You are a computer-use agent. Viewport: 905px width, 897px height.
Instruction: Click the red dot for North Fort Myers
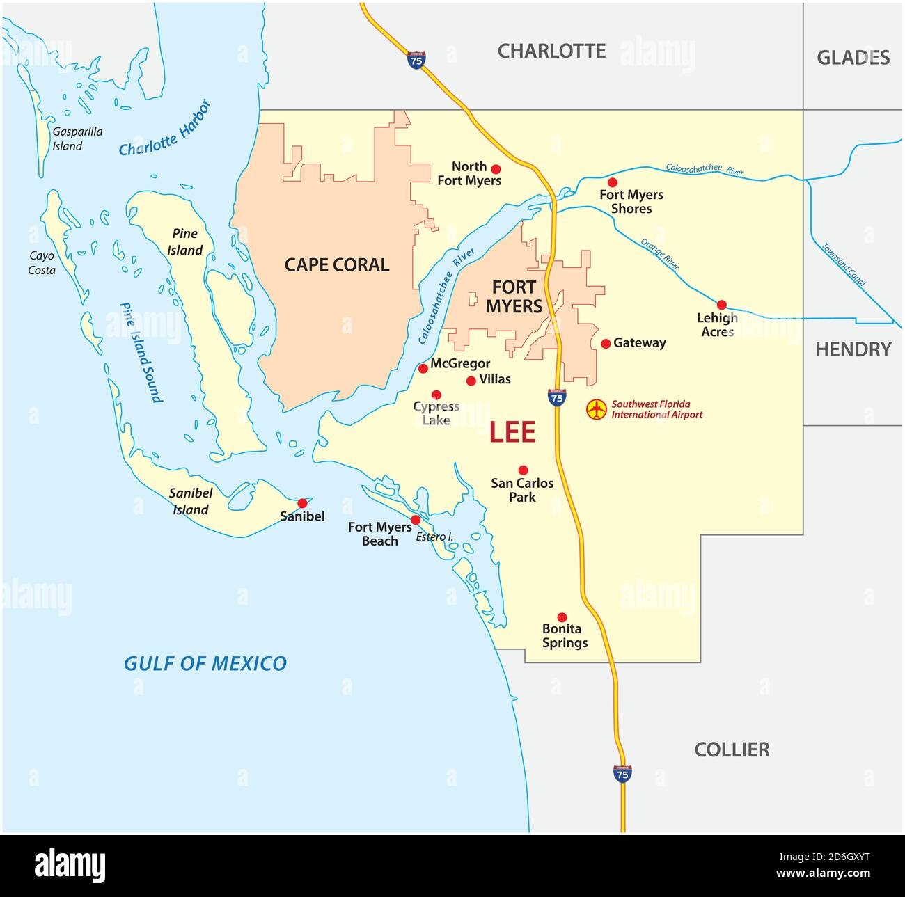click(496, 168)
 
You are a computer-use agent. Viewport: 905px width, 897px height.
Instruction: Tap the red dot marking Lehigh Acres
click(721, 305)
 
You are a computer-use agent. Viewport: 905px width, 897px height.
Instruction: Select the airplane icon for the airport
click(596, 409)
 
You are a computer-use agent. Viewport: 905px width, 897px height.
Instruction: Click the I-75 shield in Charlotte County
click(416, 61)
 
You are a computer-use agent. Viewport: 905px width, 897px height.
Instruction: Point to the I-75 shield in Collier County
click(622, 773)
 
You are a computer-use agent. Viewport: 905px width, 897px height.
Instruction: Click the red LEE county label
click(512, 432)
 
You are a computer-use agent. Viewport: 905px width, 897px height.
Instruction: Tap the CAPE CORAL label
click(337, 264)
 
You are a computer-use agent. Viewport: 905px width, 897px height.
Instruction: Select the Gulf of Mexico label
click(205, 663)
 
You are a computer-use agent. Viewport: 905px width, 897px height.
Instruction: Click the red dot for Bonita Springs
click(562, 617)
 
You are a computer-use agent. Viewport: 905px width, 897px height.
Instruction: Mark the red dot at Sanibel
click(302, 503)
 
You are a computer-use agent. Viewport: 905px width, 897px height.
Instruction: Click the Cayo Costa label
click(42, 263)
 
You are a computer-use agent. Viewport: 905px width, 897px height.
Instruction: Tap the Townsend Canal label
click(844, 264)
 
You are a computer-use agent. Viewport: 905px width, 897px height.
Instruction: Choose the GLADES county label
click(853, 57)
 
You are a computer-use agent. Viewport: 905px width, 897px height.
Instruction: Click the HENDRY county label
click(853, 349)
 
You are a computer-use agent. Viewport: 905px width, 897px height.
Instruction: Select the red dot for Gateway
click(606, 343)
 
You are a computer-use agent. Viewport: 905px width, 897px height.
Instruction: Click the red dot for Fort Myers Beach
click(416, 520)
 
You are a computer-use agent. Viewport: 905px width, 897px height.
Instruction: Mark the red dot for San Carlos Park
click(523, 470)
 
